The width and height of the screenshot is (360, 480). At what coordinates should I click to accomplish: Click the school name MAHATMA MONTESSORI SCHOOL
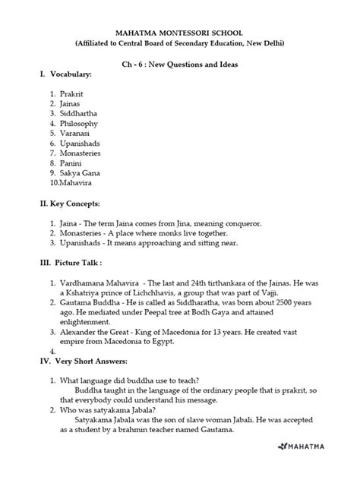(x=179, y=33)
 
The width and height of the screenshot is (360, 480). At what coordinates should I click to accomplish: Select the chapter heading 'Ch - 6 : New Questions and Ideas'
(x=180, y=65)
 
